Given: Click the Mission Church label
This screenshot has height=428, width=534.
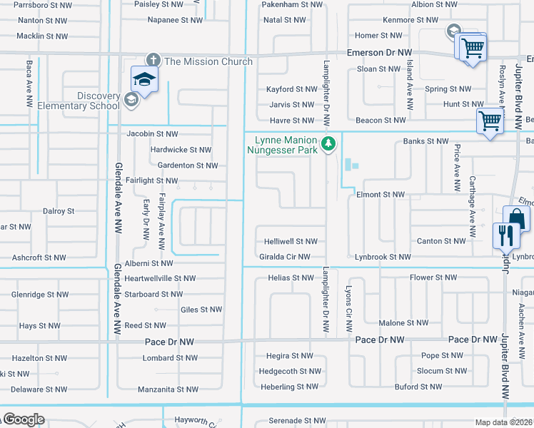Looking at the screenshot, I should click(208, 61).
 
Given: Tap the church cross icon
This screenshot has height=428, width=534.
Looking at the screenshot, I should click(153, 60).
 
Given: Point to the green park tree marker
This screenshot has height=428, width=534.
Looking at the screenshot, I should click(328, 144).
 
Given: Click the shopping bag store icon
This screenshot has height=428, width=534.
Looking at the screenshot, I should click(516, 218).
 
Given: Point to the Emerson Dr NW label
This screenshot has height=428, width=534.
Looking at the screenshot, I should click(380, 53).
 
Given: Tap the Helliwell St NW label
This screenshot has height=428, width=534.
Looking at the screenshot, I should click(291, 242).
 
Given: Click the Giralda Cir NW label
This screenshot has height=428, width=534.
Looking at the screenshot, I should click(285, 257).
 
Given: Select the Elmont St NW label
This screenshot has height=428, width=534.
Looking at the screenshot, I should click(380, 194).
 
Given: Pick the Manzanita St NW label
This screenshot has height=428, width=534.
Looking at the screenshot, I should click(168, 389).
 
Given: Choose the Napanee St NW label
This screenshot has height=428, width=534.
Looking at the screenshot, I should click(171, 19).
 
